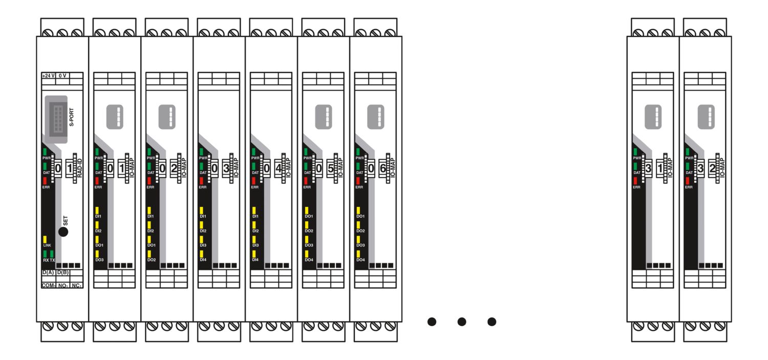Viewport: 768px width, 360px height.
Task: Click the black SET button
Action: click(63, 231)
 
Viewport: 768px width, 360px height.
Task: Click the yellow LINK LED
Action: click(45, 239)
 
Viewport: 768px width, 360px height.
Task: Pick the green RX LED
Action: click(45, 253)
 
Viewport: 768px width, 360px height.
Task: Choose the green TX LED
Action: click(52, 253)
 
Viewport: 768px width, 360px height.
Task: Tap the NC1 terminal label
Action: click(76, 285)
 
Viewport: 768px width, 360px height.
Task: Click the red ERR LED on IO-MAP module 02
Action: click(150, 180)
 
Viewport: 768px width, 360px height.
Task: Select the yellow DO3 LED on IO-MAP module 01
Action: click(97, 253)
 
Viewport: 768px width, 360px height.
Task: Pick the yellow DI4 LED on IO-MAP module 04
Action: click(254, 253)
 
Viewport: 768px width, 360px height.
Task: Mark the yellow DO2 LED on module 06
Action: click(358, 225)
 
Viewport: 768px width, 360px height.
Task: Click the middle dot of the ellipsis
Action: click(461, 322)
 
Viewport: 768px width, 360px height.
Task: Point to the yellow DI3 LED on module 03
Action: click(202, 239)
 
